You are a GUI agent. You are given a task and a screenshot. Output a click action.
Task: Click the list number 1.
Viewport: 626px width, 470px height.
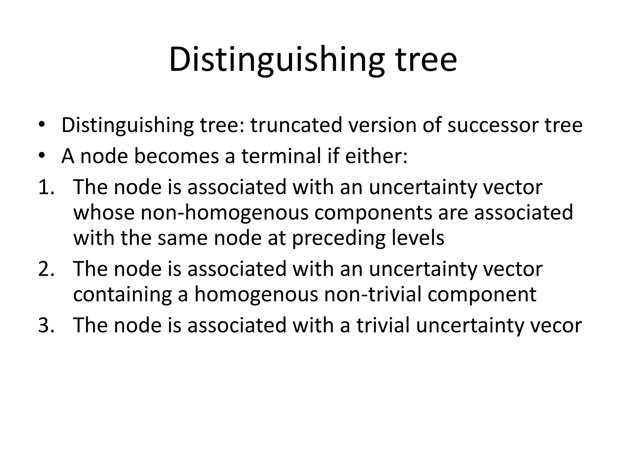(46, 187)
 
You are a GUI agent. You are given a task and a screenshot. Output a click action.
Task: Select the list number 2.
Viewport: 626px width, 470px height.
(46, 269)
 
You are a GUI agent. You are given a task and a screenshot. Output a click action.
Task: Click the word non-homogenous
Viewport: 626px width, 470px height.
(224, 212)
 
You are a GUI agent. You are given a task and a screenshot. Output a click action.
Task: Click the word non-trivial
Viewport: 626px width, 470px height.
(373, 294)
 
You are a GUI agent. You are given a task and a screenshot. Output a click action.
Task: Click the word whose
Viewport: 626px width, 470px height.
(104, 212)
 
